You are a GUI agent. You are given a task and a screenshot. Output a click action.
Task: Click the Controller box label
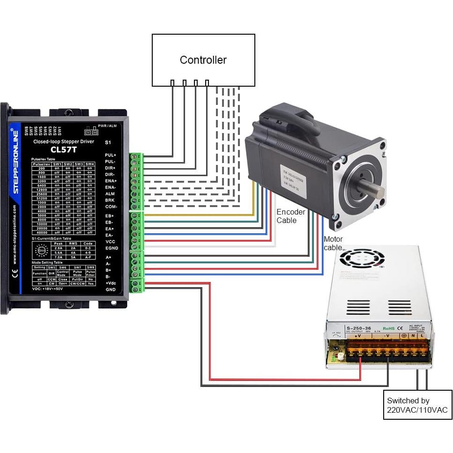click(x=203, y=60)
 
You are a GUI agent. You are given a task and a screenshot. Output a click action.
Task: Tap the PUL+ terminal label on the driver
click(x=111, y=155)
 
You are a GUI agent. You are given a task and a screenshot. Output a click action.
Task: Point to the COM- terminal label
click(x=111, y=207)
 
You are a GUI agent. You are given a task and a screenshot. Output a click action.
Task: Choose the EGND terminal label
click(x=111, y=248)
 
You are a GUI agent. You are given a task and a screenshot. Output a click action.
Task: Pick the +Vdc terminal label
click(x=111, y=283)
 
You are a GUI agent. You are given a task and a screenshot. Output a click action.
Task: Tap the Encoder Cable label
click(x=290, y=216)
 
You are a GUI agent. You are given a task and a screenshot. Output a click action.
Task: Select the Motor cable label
click(x=333, y=243)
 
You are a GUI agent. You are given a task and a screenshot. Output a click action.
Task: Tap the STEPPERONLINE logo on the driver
click(x=15, y=162)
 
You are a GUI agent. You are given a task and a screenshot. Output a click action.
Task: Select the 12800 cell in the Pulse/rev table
click(x=42, y=190)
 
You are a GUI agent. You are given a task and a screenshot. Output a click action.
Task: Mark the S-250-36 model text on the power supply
click(x=358, y=327)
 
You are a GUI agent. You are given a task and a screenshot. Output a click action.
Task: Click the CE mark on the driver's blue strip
click(x=15, y=275)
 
